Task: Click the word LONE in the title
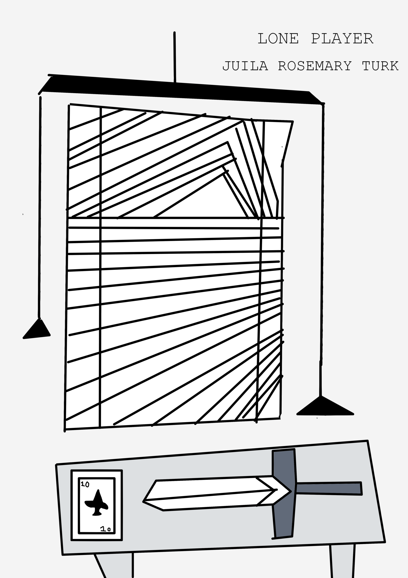pos(278,39)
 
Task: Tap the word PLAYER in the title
pos(342,39)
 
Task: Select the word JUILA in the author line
pos(245,66)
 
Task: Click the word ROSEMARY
pos(315,66)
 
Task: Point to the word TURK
pos(380,66)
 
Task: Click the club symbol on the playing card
pos(96,503)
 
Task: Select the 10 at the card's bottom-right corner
pos(105,529)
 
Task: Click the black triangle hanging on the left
pos(37,329)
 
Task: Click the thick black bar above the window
pos(181,89)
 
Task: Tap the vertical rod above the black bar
pos(175,57)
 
